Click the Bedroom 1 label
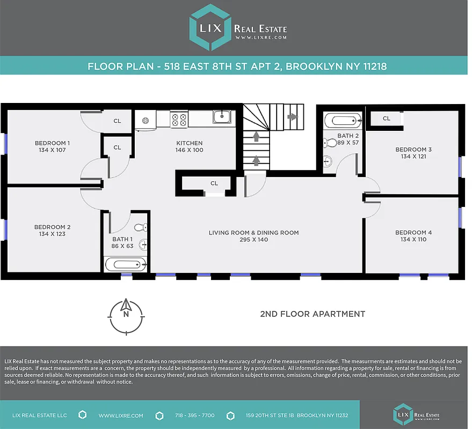(52, 143)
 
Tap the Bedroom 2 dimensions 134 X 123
(52, 234)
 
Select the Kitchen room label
(190, 143)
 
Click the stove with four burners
(179, 119)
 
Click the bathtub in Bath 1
(125, 263)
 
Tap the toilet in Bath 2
(328, 143)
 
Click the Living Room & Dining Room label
(253, 233)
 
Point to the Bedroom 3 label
(413, 150)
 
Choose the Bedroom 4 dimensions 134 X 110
(413, 239)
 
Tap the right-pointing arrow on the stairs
(292, 116)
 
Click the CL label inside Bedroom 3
(386, 119)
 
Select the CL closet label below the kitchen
(214, 183)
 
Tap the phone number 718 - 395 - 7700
(194, 416)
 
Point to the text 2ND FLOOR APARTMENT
(312, 314)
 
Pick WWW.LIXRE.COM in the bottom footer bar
(121, 416)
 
